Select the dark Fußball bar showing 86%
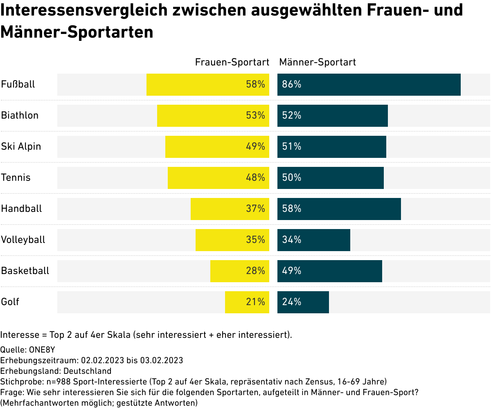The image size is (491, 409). tap(369, 85)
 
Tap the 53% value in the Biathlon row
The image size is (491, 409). tap(256, 116)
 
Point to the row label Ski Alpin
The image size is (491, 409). tap(21, 146)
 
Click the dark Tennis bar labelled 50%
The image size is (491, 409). tap(331, 178)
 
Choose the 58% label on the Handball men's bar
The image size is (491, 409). tap(292, 209)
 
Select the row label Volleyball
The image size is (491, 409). tap(23, 240)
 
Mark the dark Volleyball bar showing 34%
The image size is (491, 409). tap(314, 240)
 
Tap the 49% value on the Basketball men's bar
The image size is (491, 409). tap(292, 271)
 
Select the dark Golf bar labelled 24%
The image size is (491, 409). tap(303, 302)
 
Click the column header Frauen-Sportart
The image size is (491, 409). tap(232, 62)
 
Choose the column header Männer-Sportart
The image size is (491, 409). tap(318, 62)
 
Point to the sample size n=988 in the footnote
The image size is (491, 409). tap(58, 382)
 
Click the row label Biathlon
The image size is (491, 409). tap(20, 115)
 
